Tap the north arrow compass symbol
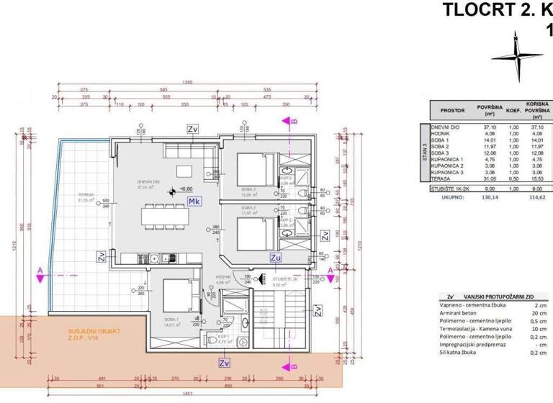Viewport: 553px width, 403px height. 516,53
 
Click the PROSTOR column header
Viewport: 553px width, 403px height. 444,111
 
